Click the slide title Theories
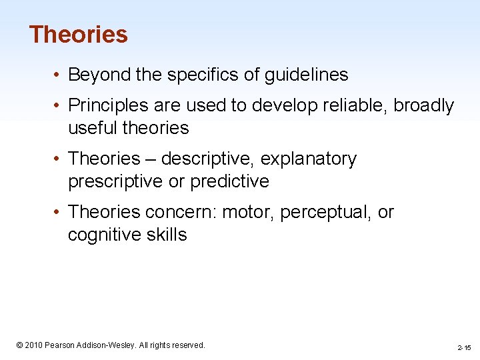(78, 34)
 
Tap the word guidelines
(306, 75)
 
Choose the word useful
(89, 127)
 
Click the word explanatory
(309, 159)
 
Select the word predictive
(229, 181)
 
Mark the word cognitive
(103, 234)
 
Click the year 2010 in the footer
(35, 345)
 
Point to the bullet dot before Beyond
(60, 75)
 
